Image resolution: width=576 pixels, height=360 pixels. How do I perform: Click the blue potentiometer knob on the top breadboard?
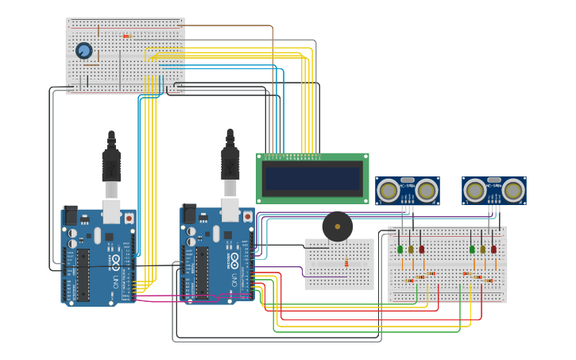tap(83, 51)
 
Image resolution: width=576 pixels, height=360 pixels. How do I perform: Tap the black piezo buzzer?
tap(338, 226)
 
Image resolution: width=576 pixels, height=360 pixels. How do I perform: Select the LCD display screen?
tap(312, 178)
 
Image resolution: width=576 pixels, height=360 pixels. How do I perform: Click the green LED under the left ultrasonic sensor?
tap(400, 249)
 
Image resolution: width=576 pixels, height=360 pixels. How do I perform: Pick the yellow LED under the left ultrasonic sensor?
tap(411, 249)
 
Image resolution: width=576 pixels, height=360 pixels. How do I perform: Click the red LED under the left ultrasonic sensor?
tap(421, 249)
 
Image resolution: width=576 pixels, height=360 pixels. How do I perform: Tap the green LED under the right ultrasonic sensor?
tap(472, 249)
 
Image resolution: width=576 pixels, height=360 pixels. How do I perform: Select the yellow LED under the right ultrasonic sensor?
tap(482, 249)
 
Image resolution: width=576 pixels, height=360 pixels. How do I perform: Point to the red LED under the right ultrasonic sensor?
tap(493, 249)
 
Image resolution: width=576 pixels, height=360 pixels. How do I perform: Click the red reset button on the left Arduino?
tap(128, 216)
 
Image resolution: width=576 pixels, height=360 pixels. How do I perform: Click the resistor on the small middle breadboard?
tap(346, 263)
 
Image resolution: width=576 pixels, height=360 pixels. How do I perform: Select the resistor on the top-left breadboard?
tap(126, 36)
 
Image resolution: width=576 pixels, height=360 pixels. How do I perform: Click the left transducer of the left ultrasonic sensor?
tap(389, 191)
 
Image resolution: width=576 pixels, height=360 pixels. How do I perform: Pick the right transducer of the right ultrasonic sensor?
tap(513, 191)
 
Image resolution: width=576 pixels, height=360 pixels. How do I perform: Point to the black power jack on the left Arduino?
tap(70, 215)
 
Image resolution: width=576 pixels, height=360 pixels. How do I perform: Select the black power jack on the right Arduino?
tap(188, 214)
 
